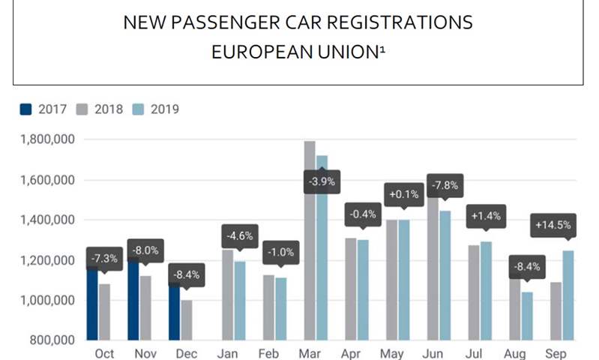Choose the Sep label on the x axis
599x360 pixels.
point(556,352)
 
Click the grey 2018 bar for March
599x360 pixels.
point(310,240)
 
